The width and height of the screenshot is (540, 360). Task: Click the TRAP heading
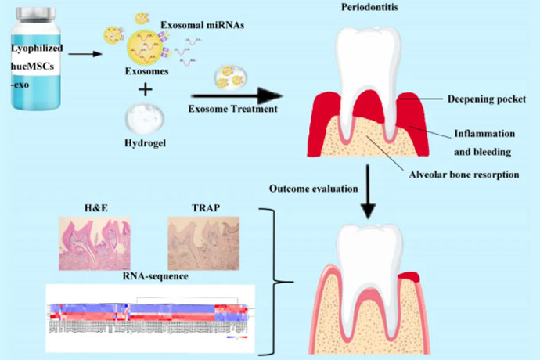click(x=201, y=209)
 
